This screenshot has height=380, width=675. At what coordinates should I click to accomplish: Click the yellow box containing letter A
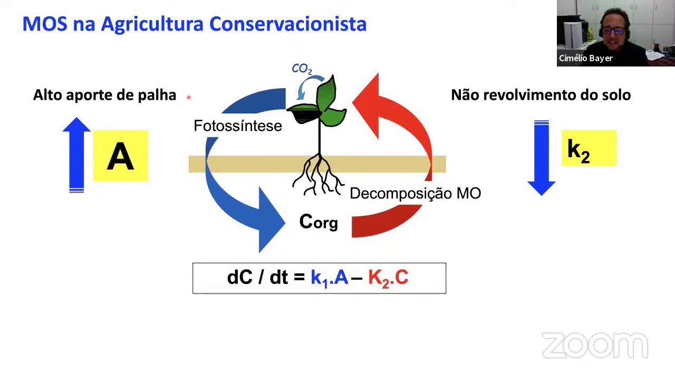[120, 156]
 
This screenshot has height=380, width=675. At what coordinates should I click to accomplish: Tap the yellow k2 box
[589, 148]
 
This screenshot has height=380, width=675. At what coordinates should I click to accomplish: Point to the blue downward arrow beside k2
[542, 158]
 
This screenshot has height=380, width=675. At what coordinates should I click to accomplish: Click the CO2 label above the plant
[302, 69]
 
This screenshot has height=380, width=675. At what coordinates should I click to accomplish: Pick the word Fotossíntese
[237, 126]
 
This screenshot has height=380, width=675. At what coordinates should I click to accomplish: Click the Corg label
[318, 222]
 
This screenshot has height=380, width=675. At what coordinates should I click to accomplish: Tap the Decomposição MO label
[415, 194]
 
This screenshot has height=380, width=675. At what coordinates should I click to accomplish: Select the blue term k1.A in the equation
[329, 278]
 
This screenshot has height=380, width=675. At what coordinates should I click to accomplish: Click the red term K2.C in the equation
[388, 278]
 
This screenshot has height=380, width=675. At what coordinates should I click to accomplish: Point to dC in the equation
[239, 278]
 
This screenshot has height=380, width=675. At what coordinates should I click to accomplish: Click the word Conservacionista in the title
[287, 24]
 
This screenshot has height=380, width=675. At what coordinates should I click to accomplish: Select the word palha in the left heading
[157, 95]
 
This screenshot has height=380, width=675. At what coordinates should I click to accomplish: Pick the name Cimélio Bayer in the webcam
[585, 59]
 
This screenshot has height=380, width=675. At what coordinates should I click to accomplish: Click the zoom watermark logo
[594, 346]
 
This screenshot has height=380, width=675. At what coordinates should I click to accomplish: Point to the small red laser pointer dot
[188, 97]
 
